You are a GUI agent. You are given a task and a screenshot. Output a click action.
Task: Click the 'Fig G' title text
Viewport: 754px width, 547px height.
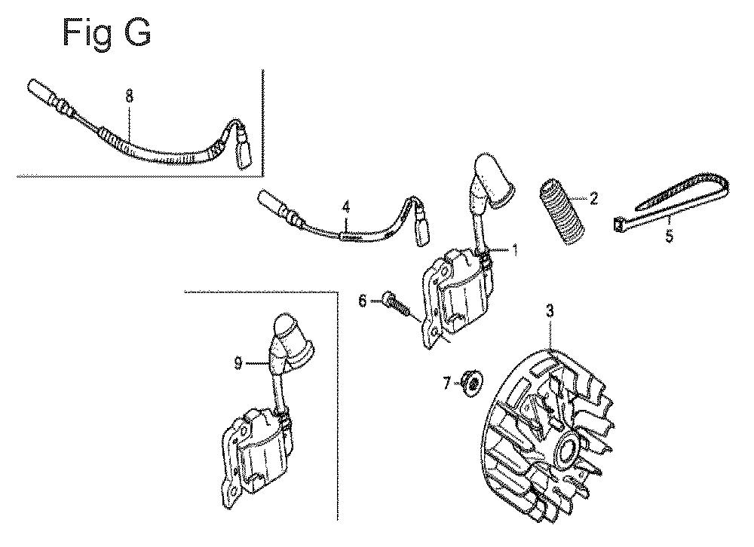(x=107, y=33)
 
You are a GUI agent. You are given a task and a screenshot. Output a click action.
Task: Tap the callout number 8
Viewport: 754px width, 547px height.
(x=129, y=96)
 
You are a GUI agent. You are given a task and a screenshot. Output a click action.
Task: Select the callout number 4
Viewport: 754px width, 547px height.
(x=346, y=208)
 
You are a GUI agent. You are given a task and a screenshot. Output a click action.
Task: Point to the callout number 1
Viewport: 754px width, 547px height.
(x=515, y=250)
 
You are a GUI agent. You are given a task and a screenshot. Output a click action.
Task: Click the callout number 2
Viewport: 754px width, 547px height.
(x=593, y=198)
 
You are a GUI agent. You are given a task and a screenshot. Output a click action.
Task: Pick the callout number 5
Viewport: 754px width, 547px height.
(x=670, y=236)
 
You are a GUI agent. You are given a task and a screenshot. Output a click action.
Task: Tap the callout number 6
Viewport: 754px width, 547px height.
(x=362, y=301)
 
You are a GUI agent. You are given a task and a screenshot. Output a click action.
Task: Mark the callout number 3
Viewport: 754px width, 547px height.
(x=550, y=311)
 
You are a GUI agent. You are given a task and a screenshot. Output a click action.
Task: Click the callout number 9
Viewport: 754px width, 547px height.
(x=238, y=363)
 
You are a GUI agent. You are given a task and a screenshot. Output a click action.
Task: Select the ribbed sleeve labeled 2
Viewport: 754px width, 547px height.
(x=560, y=212)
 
